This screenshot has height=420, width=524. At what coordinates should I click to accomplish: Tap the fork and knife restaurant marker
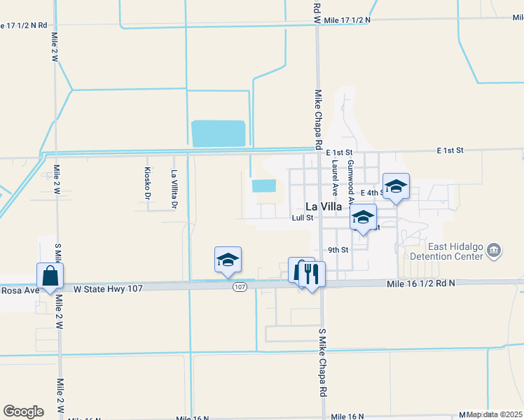[x=312, y=272]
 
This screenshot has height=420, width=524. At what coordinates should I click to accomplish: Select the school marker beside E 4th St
[x=396, y=187]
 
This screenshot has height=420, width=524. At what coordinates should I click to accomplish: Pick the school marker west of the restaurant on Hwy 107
[x=228, y=260]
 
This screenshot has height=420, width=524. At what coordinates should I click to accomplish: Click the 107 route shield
[x=240, y=287]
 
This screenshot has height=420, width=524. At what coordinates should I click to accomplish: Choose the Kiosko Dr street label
[x=147, y=181]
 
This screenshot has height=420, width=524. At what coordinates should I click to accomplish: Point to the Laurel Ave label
[x=335, y=178]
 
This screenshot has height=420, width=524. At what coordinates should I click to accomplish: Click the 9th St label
[x=338, y=250]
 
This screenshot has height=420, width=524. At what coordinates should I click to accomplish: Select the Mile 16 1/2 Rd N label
[x=420, y=283]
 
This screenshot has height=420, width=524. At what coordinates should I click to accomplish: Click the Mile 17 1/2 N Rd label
[x=24, y=24]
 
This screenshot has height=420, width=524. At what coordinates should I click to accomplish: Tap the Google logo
[x=23, y=411]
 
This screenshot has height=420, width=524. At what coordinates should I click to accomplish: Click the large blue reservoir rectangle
[x=218, y=134]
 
